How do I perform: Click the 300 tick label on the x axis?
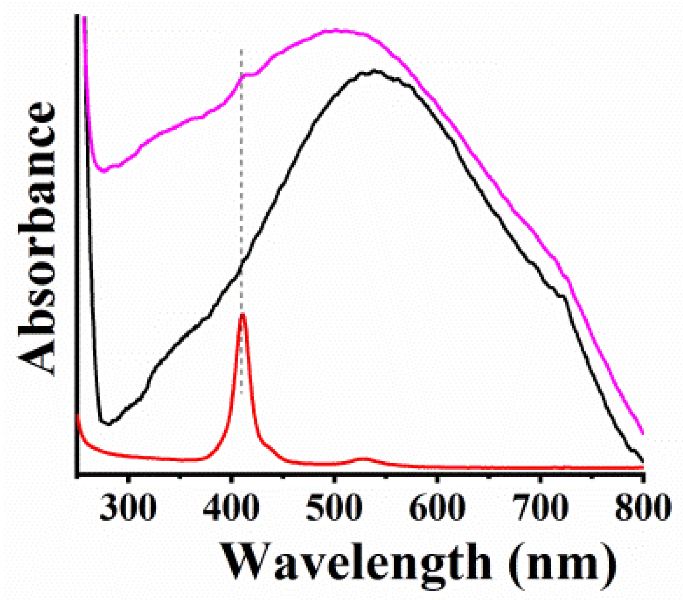[128, 507]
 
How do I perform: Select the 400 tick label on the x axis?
[231, 507]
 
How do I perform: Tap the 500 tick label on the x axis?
[334, 507]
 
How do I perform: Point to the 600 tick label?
[437, 507]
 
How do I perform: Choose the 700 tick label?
[540, 507]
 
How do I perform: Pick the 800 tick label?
[643, 507]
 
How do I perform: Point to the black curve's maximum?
[374, 71]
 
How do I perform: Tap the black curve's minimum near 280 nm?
[108, 424]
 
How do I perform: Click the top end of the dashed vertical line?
[241, 50]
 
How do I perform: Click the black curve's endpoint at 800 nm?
[642, 461]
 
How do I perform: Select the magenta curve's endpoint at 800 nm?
[642, 433]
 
